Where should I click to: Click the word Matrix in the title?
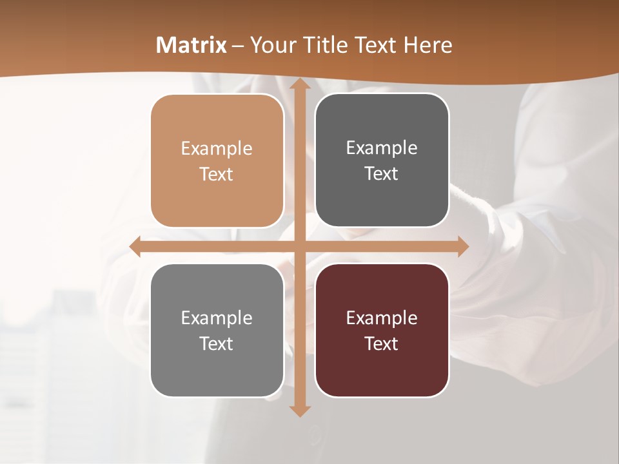click(x=192, y=45)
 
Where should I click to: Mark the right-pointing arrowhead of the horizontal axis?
click(x=462, y=247)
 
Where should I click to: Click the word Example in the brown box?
click(x=217, y=149)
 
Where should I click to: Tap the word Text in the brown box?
click(x=217, y=175)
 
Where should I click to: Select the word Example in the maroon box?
click(x=382, y=318)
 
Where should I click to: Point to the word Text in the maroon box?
click(x=382, y=343)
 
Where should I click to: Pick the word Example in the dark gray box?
click(x=382, y=148)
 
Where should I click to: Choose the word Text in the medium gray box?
click(x=217, y=343)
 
